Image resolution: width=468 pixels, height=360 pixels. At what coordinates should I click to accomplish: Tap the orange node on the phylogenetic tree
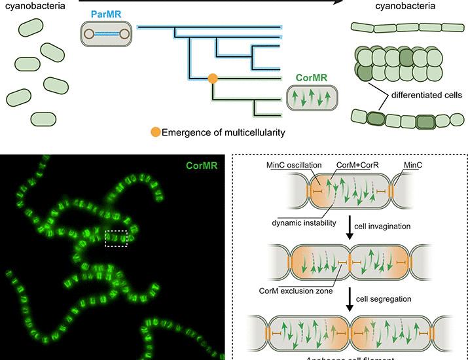coord(212,79)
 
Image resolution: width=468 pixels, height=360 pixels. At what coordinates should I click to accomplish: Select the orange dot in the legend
coord(155,133)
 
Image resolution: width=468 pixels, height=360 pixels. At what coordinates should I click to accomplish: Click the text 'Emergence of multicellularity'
coord(223,133)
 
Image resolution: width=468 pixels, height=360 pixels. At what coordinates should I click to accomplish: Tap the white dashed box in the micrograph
coord(116,238)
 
